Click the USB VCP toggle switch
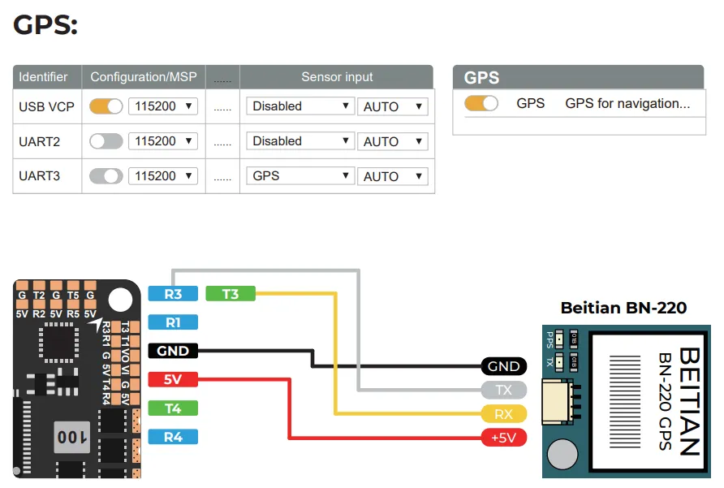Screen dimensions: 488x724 click(x=106, y=106)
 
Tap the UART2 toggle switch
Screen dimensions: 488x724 click(x=106, y=141)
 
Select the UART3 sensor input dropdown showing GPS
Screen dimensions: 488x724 click(x=300, y=175)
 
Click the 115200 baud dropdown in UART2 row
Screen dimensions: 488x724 click(x=163, y=141)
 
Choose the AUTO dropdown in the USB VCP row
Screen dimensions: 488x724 click(x=393, y=106)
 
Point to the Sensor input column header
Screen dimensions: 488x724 click(x=337, y=77)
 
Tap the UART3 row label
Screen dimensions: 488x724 click(x=39, y=176)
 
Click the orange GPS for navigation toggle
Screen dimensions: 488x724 click(x=481, y=103)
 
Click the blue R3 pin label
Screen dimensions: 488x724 click(x=173, y=294)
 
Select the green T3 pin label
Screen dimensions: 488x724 click(x=231, y=294)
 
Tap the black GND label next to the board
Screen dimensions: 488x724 click(x=173, y=351)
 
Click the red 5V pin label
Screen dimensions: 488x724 click(x=173, y=379)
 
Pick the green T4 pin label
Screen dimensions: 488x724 click(x=173, y=408)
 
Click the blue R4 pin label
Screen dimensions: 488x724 click(x=173, y=437)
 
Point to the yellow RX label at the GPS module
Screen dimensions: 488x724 click(x=503, y=414)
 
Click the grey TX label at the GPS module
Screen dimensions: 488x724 click(x=503, y=390)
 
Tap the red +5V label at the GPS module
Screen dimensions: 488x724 click(x=503, y=438)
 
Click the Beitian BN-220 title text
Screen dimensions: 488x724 click(x=623, y=308)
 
